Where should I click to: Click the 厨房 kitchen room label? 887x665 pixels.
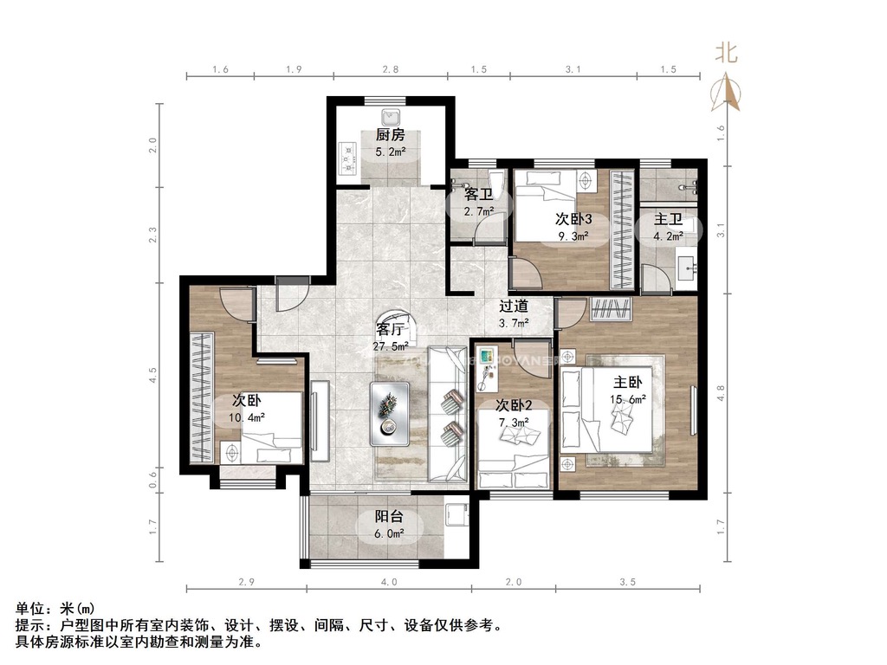(x=391, y=135)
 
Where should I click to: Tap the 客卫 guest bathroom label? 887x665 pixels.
(x=478, y=195)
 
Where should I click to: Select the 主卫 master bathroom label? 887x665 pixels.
(x=668, y=219)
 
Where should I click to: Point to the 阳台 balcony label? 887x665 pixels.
(x=389, y=516)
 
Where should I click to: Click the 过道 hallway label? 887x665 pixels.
(x=514, y=306)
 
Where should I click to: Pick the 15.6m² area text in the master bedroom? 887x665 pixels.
(x=628, y=399)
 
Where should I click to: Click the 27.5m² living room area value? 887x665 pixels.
(x=391, y=346)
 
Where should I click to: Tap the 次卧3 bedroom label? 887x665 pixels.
(x=573, y=219)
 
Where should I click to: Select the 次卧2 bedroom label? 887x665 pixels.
(x=514, y=405)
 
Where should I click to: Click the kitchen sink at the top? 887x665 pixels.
(x=391, y=118)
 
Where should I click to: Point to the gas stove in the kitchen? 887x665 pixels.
(x=346, y=159)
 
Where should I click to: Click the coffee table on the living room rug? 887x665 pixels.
(x=390, y=414)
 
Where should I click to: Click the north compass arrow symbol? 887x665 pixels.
(x=726, y=92)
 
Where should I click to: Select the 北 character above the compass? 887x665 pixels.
(x=727, y=53)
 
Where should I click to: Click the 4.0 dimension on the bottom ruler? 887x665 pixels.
(x=389, y=582)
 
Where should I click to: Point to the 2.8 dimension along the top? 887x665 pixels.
(x=391, y=69)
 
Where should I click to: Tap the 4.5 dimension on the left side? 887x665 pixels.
(x=152, y=376)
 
